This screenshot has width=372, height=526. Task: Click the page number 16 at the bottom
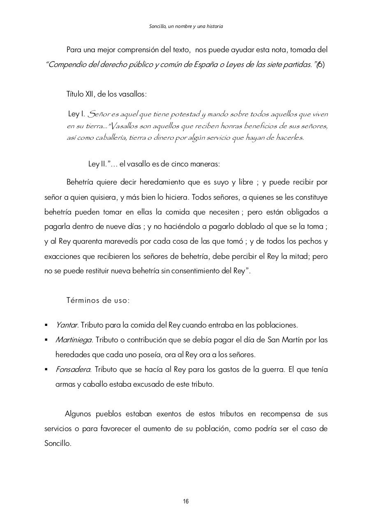(186, 501)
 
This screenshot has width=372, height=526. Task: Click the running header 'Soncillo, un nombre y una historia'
(186, 26)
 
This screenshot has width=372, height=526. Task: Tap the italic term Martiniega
(74, 340)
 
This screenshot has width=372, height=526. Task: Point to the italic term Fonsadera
(73, 369)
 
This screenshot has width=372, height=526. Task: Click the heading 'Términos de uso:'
(98, 300)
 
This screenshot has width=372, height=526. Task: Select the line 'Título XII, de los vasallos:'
(106, 94)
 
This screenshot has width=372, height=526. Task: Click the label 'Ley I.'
(76, 114)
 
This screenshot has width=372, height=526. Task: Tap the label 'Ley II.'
(98, 164)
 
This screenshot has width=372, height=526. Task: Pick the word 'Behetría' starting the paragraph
(81, 182)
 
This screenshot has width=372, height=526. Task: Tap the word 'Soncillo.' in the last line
(58, 444)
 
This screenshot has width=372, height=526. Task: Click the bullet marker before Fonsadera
(46, 369)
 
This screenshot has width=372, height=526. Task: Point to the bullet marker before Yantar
(46, 325)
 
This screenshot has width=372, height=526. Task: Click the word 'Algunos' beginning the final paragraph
(79, 414)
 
